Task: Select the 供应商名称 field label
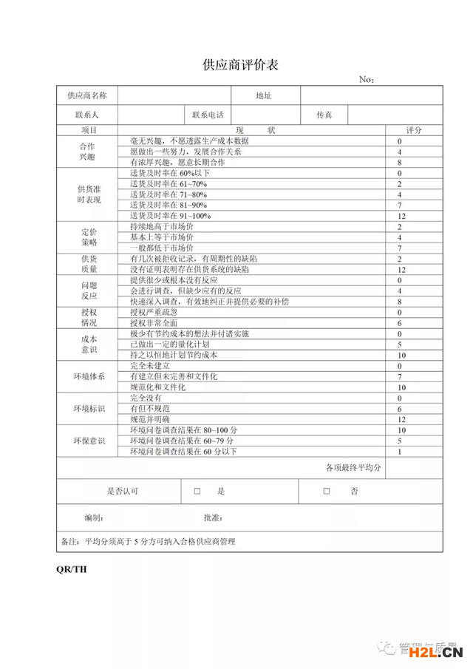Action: coord(87,95)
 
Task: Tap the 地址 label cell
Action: coord(264,95)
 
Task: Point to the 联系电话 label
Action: coord(208,115)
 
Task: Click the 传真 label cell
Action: coord(324,115)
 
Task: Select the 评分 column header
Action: coord(414,130)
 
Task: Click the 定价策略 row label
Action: coord(88,237)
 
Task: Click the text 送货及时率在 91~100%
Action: coord(170,216)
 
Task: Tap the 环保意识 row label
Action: coord(88,441)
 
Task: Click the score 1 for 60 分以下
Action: coord(399,452)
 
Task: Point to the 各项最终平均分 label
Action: coord(353,468)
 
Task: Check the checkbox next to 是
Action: coord(197,491)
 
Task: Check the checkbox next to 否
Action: coord(326,491)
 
